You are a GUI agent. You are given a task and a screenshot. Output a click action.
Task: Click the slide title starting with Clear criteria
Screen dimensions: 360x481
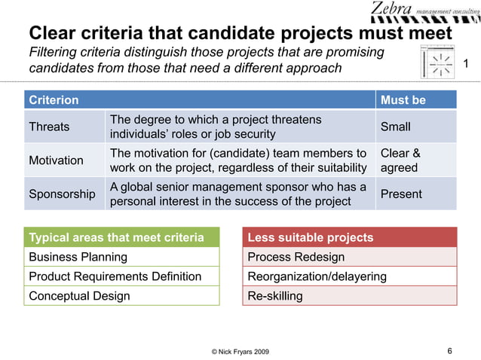tap(240, 34)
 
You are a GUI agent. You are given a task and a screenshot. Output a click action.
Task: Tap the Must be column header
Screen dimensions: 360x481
tap(403, 100)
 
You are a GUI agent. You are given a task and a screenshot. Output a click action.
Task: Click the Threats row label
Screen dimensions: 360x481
tap(49, 127)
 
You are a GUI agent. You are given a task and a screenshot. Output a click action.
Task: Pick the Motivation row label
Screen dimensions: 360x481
tap(56, 160)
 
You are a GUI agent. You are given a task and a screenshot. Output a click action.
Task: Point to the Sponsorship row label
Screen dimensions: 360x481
tap(62, 194)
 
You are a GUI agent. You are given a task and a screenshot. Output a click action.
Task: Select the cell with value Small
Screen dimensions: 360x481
tap(396, 127)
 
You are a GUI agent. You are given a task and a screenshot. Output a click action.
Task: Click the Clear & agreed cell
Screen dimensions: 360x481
tap(400, 160)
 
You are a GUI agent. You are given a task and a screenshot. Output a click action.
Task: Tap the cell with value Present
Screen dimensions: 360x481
tap(401, 194)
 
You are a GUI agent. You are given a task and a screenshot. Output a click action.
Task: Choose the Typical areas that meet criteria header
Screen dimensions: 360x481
tap(116, 238)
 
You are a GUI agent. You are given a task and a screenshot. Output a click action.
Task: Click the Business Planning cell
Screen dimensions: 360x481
tap(78, 257)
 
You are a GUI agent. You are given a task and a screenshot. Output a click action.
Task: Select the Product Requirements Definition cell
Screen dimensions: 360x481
tap(115, 276)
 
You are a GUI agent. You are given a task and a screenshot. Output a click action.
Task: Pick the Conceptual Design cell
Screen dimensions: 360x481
tap(79, 296)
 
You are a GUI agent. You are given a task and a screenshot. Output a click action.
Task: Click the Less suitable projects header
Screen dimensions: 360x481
tap(311, 238)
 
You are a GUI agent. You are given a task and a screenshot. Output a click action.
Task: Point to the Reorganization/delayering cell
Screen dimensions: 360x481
tap(317, 276)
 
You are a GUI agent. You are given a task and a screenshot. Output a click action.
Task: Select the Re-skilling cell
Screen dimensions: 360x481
tap(275, 296)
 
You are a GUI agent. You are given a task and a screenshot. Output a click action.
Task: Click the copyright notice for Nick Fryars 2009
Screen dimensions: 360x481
tap(240, 352)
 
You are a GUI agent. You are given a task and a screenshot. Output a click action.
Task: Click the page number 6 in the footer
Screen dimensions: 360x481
tap(449, 350)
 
